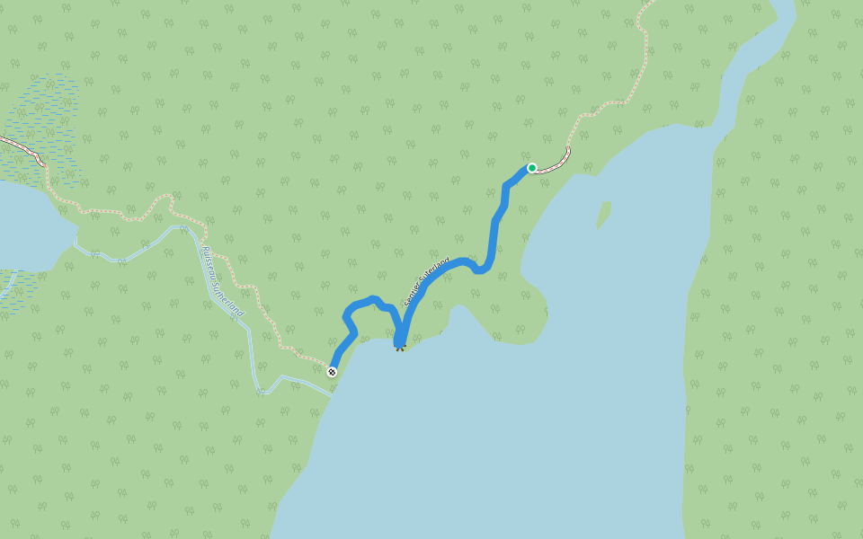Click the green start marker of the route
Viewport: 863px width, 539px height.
(532, 168)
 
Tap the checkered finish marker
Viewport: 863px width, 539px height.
(333, 371)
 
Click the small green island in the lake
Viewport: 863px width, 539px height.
(603, 214)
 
